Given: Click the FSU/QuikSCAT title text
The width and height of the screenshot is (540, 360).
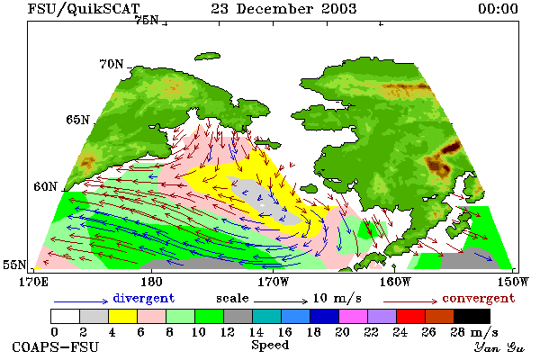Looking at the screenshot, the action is pos(84,9).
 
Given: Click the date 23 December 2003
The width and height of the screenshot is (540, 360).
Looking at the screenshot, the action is pos(283,9).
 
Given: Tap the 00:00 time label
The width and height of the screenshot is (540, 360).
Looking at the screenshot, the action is pos(498,9).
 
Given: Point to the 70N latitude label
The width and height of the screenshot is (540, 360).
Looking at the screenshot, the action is pos(112,64).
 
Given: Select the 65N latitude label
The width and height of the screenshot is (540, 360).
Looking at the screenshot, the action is pos(77,120).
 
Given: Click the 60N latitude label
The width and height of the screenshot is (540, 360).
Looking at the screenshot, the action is pos(45,186).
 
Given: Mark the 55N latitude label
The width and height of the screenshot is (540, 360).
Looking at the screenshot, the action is pos(14,265).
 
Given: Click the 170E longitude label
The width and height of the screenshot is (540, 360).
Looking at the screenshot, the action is pos(34,282).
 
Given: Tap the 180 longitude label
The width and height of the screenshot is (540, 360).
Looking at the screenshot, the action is pos(151,282).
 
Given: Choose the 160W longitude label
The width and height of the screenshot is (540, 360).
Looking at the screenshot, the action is pos(395,282).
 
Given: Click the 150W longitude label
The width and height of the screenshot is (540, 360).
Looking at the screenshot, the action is pos(513,282).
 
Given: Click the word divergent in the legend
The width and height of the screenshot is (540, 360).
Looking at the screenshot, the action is pos(144,298).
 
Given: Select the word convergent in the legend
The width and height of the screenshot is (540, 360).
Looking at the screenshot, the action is pos(479,298).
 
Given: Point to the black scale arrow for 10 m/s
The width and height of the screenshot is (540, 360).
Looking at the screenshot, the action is pos(281,301).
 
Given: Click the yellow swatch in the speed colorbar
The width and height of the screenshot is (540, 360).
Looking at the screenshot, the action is pos(123,316).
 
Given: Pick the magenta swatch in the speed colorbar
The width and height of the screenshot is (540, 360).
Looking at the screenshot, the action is pos(354,316).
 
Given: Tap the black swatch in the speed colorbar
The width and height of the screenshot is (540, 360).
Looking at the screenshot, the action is pos(472,316).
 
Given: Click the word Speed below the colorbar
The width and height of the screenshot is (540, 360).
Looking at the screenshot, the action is pos(270,345).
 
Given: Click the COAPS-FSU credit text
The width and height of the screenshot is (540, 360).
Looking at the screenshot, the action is pos(56,346).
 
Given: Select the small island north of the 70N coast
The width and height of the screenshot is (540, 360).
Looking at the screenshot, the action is pos(208,56).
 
